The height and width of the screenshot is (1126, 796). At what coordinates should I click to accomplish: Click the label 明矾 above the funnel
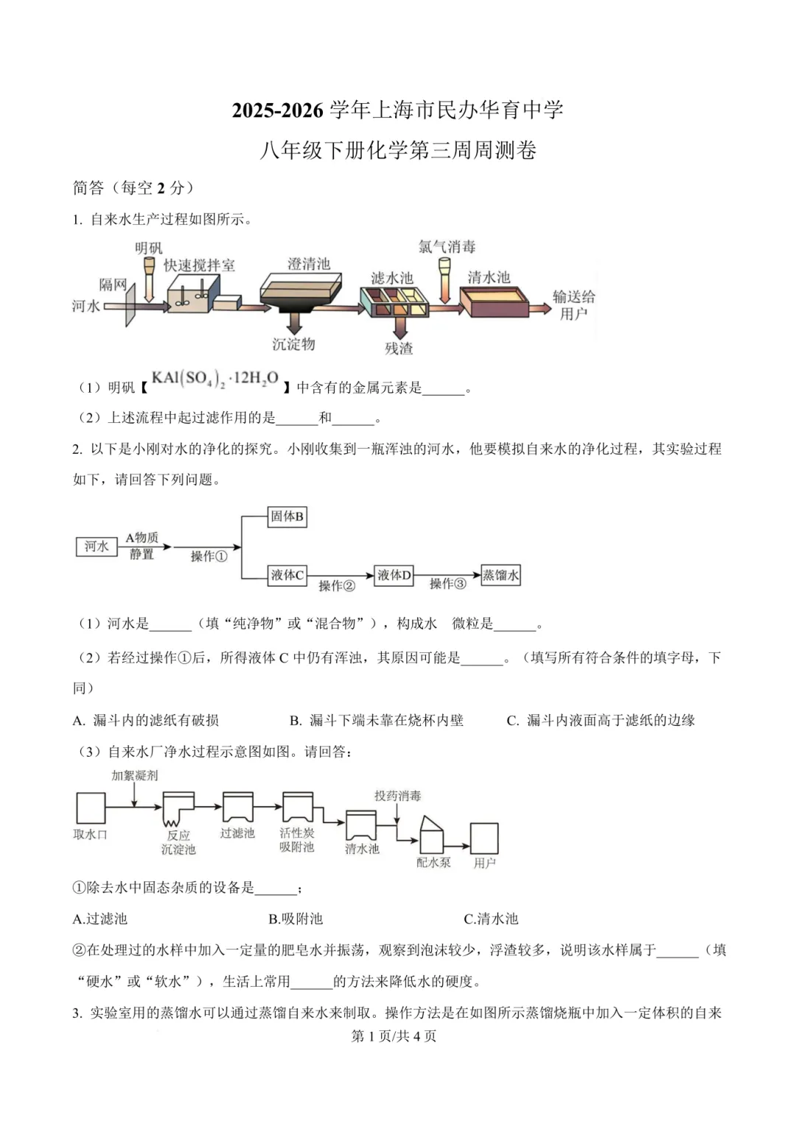point(148,248)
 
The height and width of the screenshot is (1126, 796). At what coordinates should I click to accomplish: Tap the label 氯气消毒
point(447,247)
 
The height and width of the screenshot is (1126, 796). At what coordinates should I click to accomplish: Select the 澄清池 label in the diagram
point(308,264)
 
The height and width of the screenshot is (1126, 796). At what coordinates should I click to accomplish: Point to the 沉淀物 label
point(293,344)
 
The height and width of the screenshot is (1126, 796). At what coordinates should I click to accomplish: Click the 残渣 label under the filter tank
point(399,349)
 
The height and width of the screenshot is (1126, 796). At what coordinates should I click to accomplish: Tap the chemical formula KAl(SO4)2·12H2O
point(215,380)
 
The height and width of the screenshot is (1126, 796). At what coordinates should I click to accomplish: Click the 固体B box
point(287,517)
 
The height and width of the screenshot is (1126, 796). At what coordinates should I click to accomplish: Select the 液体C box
point(287,575)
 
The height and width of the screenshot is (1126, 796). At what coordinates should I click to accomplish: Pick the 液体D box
point(394,575)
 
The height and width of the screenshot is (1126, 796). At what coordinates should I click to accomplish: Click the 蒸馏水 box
point(500,575)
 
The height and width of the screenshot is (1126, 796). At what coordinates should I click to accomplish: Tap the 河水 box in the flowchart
point(97,547)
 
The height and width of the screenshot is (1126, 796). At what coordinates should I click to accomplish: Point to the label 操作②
point(337,586)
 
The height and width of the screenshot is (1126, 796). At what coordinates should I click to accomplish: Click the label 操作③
point(447,584)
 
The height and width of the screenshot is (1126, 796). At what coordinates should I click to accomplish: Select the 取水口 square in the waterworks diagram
point(91,807)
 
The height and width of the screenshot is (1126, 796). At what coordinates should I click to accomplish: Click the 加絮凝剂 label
point(134,775)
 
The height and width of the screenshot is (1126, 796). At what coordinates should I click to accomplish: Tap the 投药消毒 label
point(397,796)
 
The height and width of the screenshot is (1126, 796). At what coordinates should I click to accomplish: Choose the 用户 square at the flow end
point(484,839)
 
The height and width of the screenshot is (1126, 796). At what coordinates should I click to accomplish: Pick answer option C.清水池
point(491,919)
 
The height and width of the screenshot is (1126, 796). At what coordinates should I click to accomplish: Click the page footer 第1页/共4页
point(394,1036)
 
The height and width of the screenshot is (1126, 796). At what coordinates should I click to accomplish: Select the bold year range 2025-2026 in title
point(277,111)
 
